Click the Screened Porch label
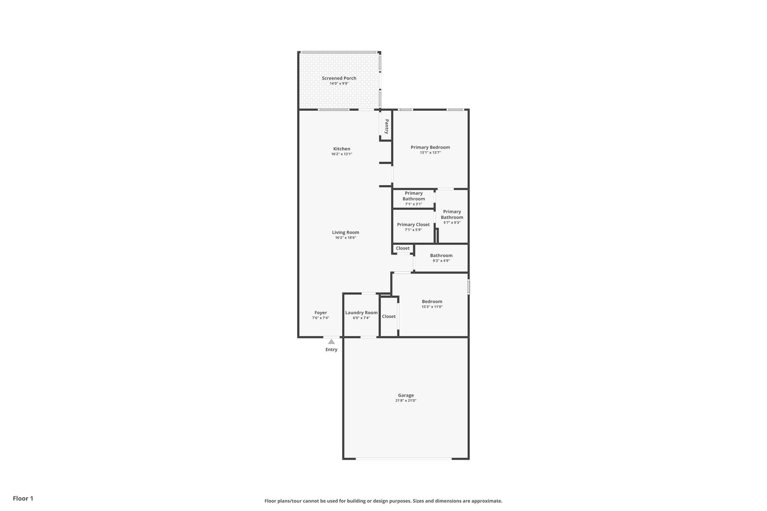[x=339, y=78]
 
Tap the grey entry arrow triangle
[x=331, y=341]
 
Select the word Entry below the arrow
[x=331, y=350]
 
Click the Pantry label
[x=386, y=127]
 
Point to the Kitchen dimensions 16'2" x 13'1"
[x=342, y=154]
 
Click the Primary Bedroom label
[x=430, y=147]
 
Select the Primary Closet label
[x=413, y=225]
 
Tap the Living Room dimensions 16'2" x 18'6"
[x=345, y=238]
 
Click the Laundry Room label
[x=361, y=313]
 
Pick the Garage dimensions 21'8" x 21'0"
[x=406, y=401]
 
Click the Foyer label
[x=321, y=313]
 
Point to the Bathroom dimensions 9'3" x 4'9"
[x=441, y=261]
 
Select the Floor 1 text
[x=23, y=498]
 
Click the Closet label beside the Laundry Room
[x=389, y=316]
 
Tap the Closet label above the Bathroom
[x=403, y=248]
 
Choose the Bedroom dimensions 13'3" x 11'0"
[x=432, y=307]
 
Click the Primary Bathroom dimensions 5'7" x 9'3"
[x=452, y=222]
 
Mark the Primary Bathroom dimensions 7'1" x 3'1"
[x=413, y=204]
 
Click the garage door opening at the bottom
[x=404, y=459]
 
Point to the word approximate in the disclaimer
[x=486, y=501]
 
